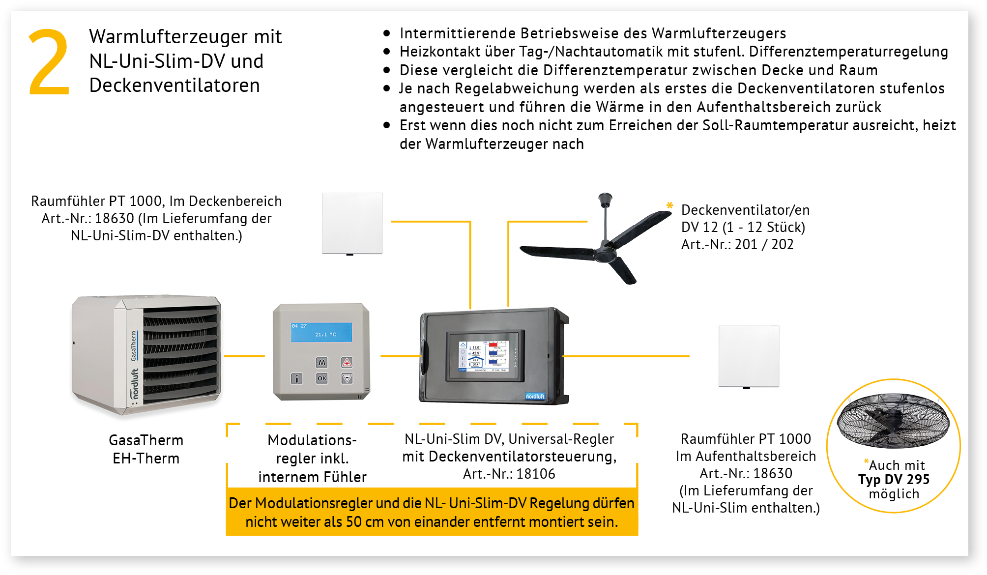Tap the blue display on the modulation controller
tap(321, 332)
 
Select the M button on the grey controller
tap(321, 363)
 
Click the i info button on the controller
tap(297, 378)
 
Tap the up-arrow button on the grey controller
tap(347, 363)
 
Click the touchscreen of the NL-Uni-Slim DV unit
tap(485, 356)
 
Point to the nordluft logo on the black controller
tap(535, 396)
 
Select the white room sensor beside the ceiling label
tap(352, 224)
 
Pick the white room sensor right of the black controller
tap(749, 356)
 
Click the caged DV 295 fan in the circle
tap(893, 420)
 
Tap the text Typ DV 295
tap(894, 479)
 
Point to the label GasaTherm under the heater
tap(146, 440)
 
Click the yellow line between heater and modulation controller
tap(244, 356)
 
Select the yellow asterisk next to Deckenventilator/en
tap(669, 205)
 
